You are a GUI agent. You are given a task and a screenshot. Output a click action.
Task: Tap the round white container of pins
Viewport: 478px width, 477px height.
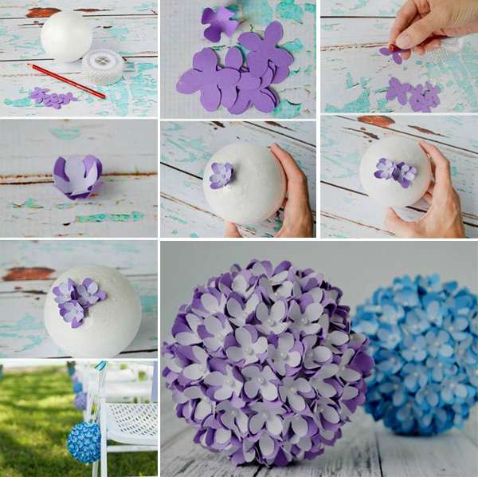103,66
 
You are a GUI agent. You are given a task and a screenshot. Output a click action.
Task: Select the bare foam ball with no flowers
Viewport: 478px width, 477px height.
66,37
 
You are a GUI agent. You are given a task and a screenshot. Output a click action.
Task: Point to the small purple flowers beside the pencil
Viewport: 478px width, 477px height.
51,97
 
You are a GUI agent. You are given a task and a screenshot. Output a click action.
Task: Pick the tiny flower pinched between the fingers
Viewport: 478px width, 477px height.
391,53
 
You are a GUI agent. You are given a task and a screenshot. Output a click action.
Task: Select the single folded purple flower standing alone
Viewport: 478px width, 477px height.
78,176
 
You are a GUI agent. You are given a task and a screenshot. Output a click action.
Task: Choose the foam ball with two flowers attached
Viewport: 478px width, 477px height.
394,171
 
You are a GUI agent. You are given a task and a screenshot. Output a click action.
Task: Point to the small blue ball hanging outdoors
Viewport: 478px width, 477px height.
84,442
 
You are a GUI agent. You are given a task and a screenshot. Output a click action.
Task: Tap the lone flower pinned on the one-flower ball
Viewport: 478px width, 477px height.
221,174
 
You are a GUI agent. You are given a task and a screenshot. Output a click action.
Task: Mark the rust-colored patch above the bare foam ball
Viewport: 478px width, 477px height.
44,11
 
